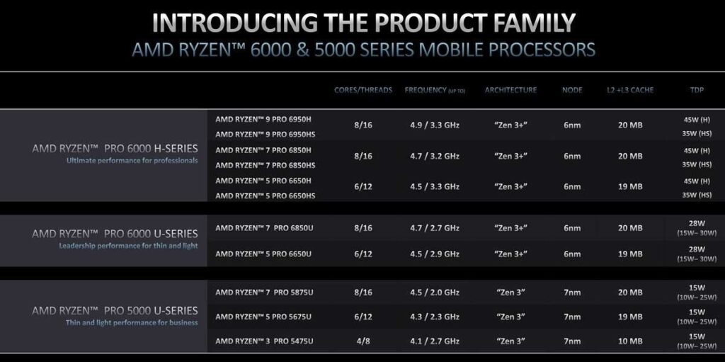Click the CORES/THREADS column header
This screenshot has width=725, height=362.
click(363, 91)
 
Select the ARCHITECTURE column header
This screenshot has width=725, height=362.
click(510, 91)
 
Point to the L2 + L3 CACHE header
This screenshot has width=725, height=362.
click(629, 91)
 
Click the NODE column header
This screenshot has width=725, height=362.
click(572, 91)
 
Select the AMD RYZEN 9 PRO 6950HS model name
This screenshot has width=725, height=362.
click(266, 135)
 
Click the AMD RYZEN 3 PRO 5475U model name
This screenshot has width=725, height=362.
click(263, 341)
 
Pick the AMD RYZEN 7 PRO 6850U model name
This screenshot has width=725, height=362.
click(263, 228)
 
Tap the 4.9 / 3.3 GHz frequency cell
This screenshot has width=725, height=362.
click(435, 125)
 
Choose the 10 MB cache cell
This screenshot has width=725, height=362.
click(629, 341)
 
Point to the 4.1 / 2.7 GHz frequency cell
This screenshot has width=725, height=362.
click(435, 341)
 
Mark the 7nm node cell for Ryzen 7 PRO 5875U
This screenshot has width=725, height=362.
click(572, 292)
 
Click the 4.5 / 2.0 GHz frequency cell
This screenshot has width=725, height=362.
click(435, 292)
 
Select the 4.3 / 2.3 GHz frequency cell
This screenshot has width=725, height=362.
click(435, 317)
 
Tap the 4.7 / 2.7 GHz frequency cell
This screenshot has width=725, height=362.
click(435, 228)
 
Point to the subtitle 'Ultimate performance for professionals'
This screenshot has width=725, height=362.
click(132, 160)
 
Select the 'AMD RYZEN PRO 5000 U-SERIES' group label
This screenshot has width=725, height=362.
click(115, 310)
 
